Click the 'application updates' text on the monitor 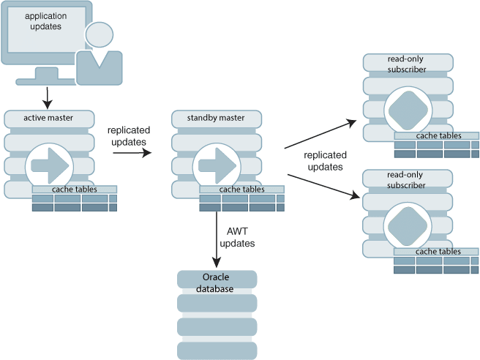click(x=45, y=21)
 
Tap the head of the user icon click(x=100, y=34)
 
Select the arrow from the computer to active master click(x=47, y=98)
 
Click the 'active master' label click(x=48, y=118)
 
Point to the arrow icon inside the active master click(x=50, y=165)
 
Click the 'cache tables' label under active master click(x=75, y=190)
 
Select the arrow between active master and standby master click(x=132, y=152)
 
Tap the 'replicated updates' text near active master click(x=129, y=136)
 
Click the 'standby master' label click(x=216, y=118)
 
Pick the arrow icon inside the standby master click(x=217, y=165)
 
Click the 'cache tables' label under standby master click(x=242, y=190)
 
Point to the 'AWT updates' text click(x=237, y=237)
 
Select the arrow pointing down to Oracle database click(x=217, y=239)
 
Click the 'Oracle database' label click(x=215, y=283)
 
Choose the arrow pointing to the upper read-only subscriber click(x=320, y=134)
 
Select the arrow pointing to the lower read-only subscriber click(x=324, y=187)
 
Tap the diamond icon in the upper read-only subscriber click(x=408, y=110)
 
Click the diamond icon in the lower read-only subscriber click(x=407, y=227)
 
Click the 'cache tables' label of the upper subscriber click(x=439, y=135)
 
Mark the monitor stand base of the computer click(x=46, y=81)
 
